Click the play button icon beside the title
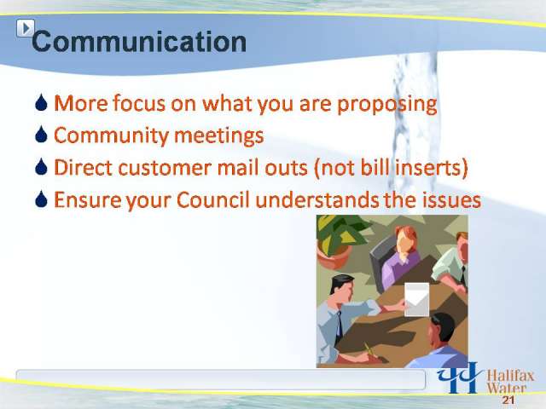click(26, 28)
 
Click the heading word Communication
click(139, 42)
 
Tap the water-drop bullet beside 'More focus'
click(41, 102)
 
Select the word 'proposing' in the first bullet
click(386, 104)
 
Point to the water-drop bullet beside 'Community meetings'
click(41, 135)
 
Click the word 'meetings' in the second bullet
click(218, 135)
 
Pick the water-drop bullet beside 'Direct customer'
click(41, 167)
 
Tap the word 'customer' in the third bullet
click(165, 168)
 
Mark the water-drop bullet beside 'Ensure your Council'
click(41, 199)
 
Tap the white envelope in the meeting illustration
click(417, 299)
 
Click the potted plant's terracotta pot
click(333, 256)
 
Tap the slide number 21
click(508, 400)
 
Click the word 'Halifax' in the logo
click(510, 376)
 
